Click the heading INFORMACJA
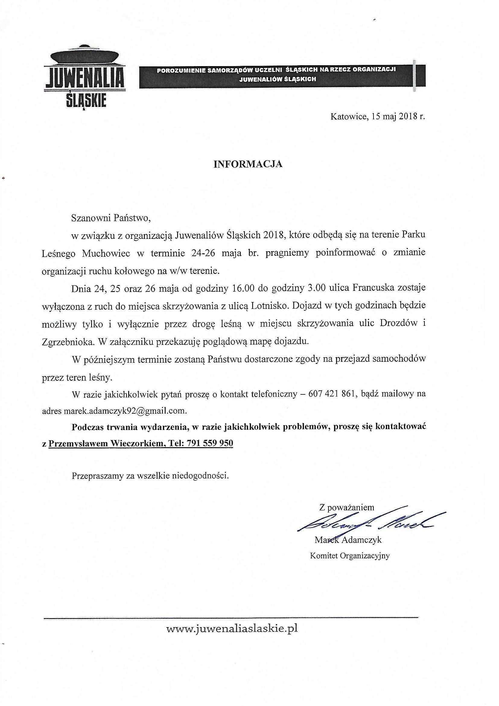[248, 164]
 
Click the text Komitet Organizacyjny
[350, 556]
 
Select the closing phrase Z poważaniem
[347, 507]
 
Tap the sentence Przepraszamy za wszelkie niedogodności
[150, 476]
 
